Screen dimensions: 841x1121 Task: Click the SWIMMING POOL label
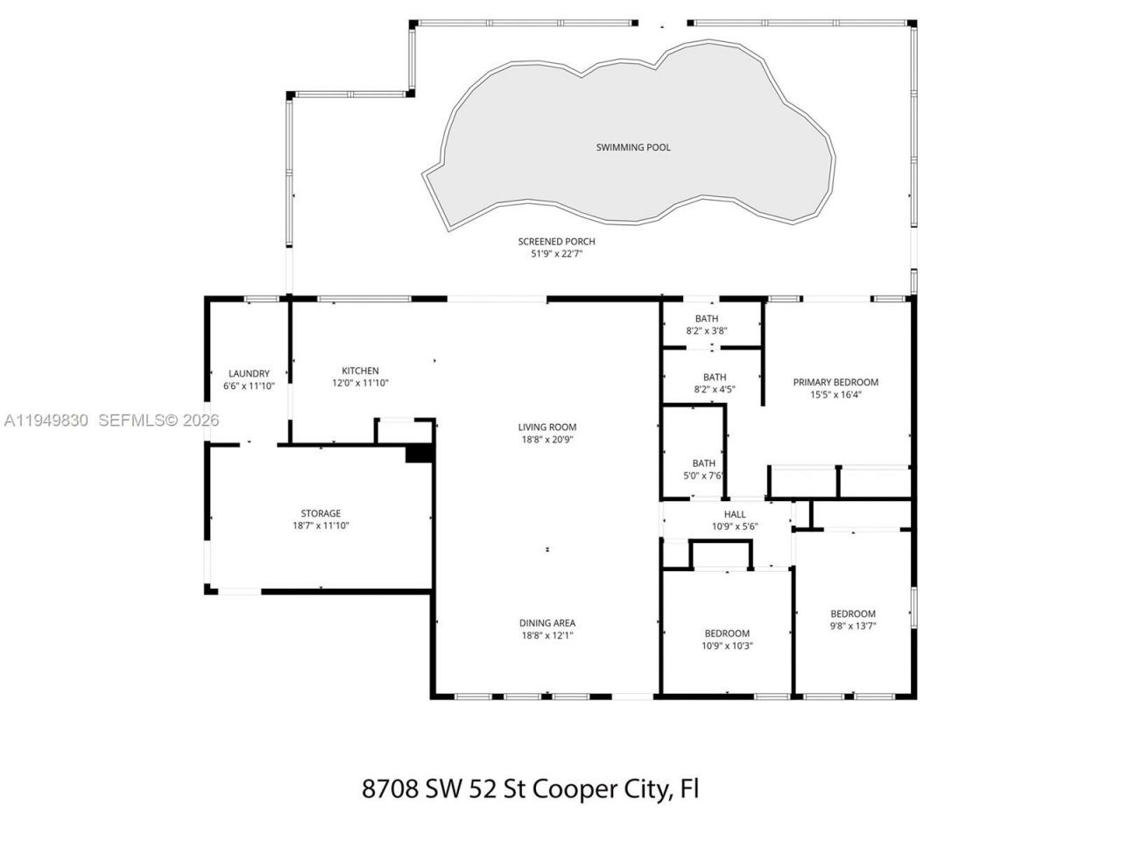(x=633, y=147)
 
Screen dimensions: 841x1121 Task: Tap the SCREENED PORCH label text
(x=556, y=242)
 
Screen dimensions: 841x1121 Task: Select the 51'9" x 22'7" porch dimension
(x=550, y=254)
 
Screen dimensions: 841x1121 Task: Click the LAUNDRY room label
(x=249, y=373)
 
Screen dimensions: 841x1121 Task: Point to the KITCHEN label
(x=360, y=371)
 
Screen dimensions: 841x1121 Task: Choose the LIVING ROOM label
(x=546, y=428)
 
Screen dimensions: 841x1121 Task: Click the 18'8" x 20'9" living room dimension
(x=546, y=440)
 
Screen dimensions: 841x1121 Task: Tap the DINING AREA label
(x=546, y=624)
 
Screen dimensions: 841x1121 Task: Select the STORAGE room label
(x=321, y=513)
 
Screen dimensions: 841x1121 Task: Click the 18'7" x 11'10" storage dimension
(x=321, y=526)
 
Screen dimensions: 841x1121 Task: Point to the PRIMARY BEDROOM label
(x=835, y=382)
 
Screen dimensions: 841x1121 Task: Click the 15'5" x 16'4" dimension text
(x=835, y=394)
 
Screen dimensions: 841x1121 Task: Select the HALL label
(x=735, y=514)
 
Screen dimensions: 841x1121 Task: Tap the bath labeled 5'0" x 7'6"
(x=704, y=470)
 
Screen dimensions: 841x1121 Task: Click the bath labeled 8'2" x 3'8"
(x=707, y=324)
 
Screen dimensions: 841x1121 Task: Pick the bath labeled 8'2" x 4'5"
(x=714, y=384)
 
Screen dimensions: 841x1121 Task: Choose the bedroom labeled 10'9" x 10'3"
(x=727, y=640)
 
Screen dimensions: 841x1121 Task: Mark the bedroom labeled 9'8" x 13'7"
(x=853, y=619)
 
